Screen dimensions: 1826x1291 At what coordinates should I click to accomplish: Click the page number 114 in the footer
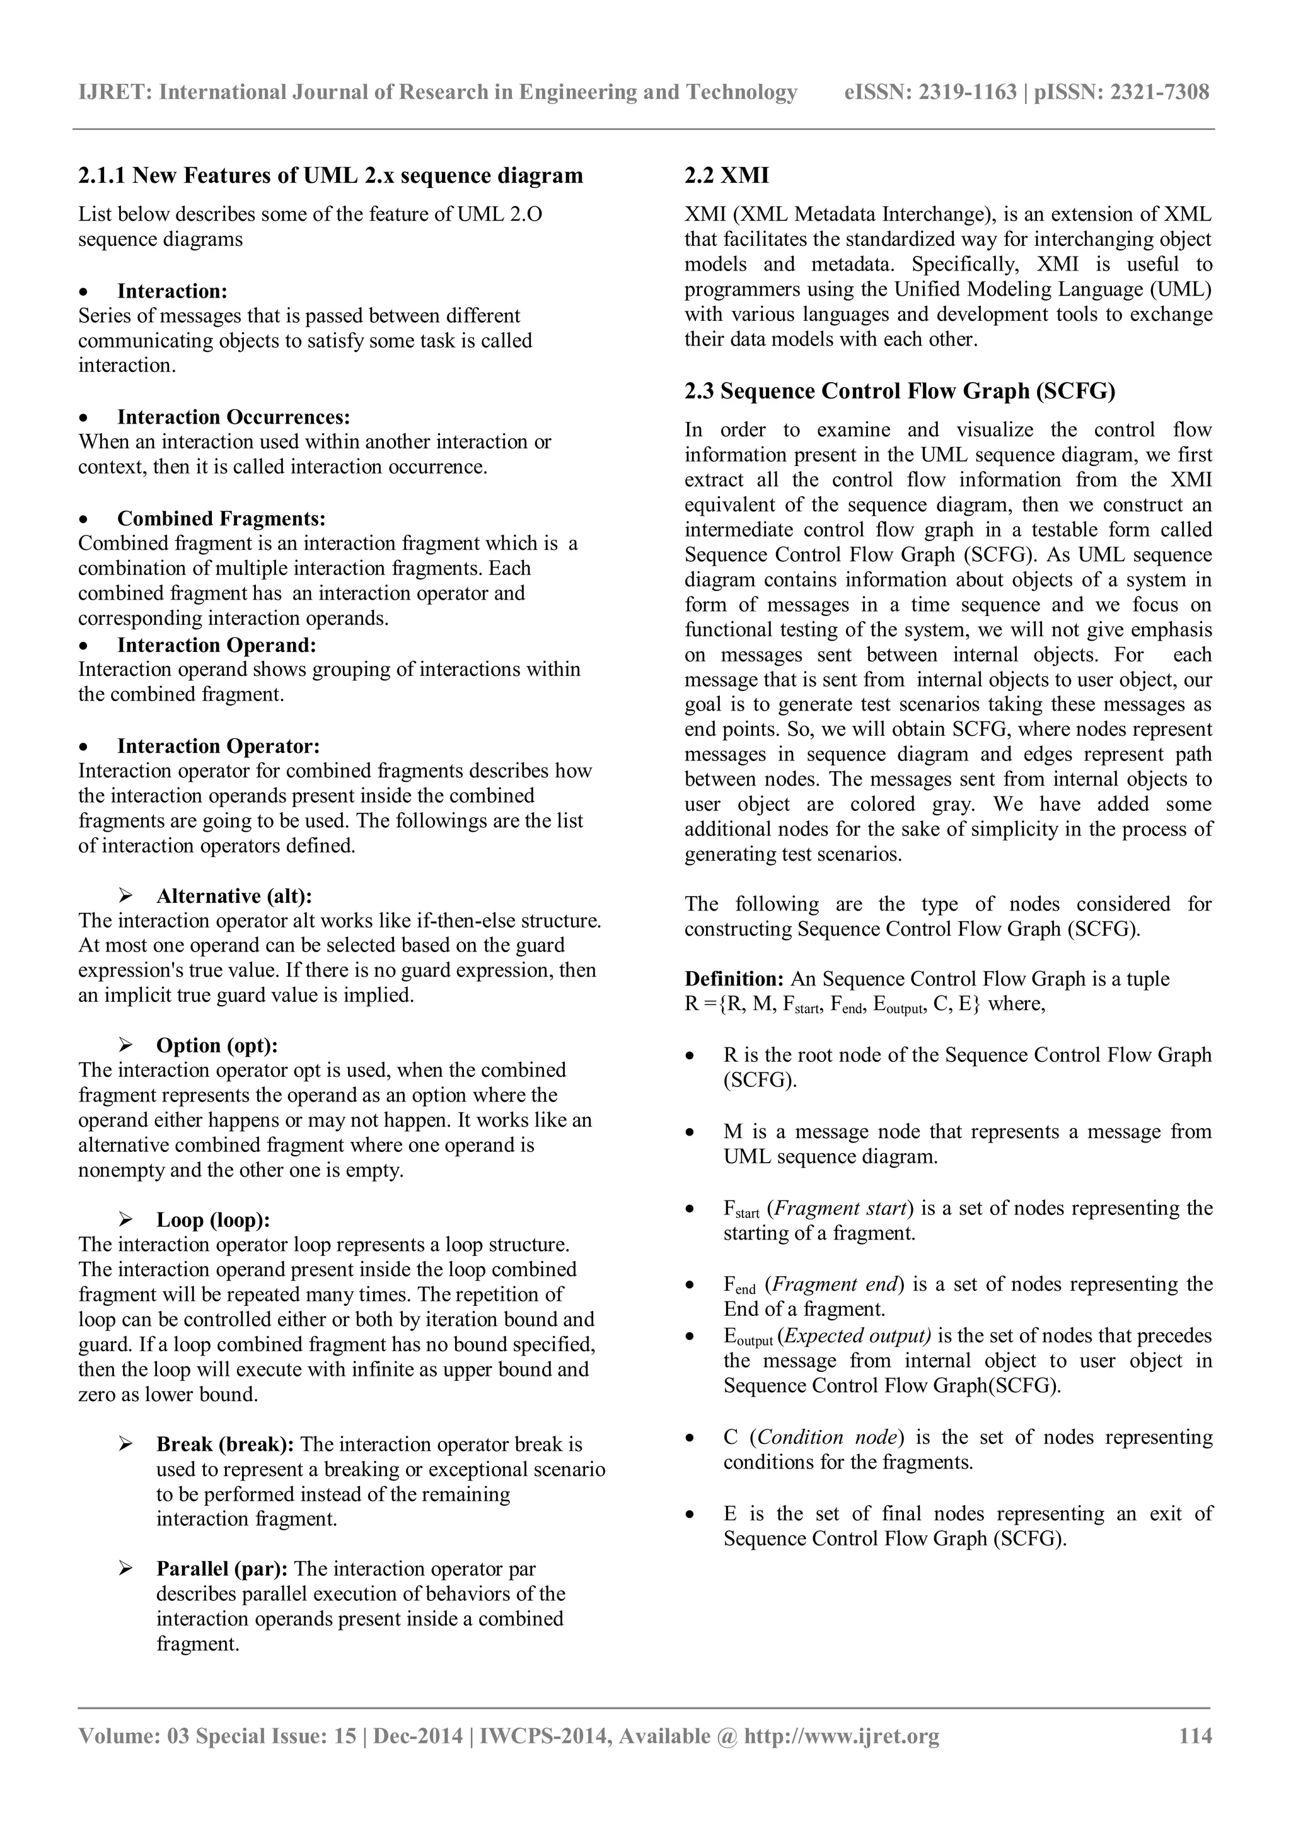click(x=1195, y=1735)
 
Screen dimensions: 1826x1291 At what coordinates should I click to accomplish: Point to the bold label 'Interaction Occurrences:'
click(x=234, y=417)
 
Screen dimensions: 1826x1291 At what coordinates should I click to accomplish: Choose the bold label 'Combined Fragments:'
click(x=222, y=518)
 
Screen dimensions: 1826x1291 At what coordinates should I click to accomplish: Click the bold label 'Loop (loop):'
click(x=213, y=1219)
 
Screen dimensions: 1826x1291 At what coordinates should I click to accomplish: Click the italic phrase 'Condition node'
click(x=828, y=1437)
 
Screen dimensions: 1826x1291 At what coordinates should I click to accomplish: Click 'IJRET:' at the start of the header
click(x=115, y=92)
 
